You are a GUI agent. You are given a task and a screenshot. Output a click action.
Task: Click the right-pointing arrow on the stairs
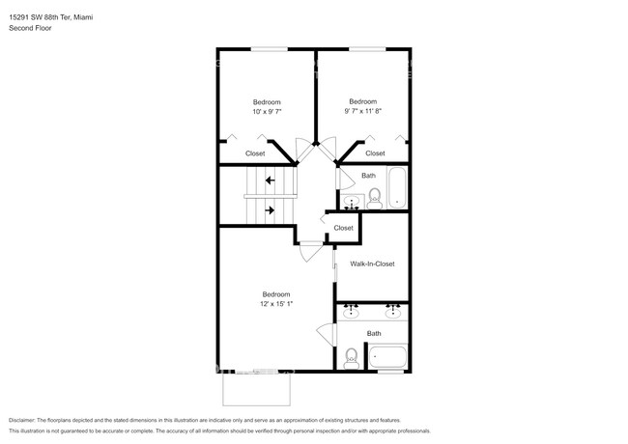tap(271, 209)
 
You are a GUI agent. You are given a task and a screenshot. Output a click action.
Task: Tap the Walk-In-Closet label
tap(372, 264)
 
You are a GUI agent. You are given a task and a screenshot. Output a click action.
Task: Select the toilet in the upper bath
tap(376, 198)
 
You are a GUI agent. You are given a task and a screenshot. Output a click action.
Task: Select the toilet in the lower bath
tap(352, 358)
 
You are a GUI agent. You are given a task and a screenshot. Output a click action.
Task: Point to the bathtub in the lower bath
tap(389, 356)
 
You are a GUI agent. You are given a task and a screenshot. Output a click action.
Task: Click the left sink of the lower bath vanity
tap(353, 313)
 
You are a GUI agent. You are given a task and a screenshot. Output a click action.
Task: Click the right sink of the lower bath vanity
tap(393, 313)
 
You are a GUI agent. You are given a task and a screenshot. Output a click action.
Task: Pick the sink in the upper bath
tap(351, 202)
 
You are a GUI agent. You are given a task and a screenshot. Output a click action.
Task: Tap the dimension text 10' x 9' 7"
tap(267, 113)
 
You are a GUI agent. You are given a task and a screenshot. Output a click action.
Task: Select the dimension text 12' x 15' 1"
tap(275, 304)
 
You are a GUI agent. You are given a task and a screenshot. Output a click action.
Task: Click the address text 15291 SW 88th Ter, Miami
tap(58, 17)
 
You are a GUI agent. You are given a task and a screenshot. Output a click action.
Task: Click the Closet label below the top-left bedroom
tap(255, 153)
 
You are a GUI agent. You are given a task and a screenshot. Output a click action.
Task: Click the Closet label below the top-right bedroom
tap(375, 153)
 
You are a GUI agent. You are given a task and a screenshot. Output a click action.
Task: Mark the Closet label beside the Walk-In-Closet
tap(343, 228)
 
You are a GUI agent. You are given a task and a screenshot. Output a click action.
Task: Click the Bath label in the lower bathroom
tap(374, 334)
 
